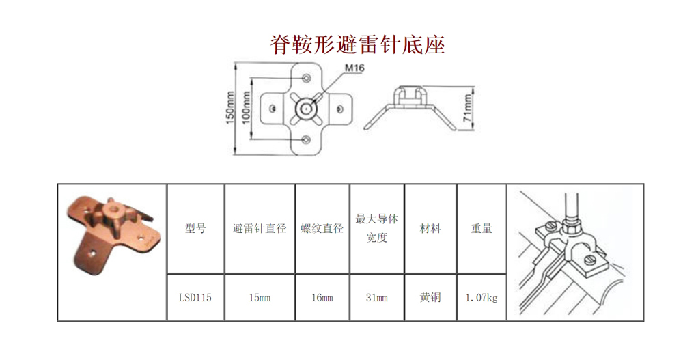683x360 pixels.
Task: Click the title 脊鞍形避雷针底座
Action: (357, 44)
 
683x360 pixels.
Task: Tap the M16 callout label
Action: (354, 68)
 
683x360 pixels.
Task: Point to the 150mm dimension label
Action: (230, 108)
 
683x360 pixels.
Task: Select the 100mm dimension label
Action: (246, 108)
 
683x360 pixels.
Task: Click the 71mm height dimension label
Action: (467, 108)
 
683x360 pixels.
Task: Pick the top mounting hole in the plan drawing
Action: (306, 79)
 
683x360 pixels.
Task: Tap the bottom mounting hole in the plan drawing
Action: (306, 140)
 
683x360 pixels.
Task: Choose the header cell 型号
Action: (195, 228)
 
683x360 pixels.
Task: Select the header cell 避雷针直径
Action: (260, 228)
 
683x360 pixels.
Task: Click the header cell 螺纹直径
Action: (322, 228)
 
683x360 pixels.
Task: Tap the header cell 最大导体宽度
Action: (377, 228)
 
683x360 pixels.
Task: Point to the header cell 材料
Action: (430, 228)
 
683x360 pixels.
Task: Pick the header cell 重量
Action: (482, 228)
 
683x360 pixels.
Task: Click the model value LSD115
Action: (195, 298)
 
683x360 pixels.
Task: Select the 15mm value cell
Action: (260, 298)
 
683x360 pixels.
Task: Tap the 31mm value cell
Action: (377, 298)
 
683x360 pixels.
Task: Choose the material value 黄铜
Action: (430, 297)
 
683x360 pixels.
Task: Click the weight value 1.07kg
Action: (482, 298)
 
